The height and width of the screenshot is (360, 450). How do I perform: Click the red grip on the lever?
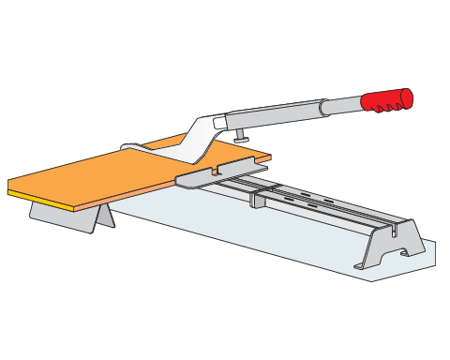click(383, 99)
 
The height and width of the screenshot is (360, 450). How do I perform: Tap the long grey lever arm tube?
click(277, 114)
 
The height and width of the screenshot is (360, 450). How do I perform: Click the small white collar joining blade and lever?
click(220, 123)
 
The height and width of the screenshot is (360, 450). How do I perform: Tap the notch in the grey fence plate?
click(216, 172)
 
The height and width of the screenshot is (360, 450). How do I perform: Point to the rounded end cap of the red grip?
click(407, 97)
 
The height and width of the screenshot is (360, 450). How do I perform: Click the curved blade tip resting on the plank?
click(131, 147)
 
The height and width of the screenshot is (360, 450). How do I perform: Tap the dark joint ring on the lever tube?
click(324, 107)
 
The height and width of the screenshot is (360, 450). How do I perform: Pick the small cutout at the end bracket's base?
click(404, 252)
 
